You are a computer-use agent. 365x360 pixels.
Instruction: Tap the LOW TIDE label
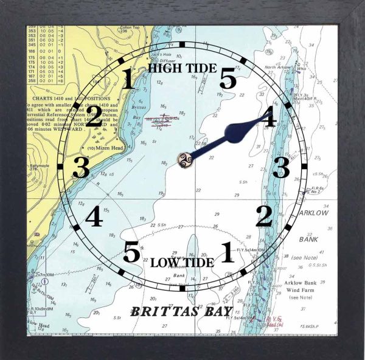[182, 263]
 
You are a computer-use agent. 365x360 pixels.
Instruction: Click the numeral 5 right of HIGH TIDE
[228, 79]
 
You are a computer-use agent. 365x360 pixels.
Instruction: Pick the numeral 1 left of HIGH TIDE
[128, 80]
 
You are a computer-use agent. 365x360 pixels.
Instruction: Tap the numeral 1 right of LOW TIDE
[226, 252]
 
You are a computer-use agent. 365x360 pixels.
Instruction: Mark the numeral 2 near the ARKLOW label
[263, 216]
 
